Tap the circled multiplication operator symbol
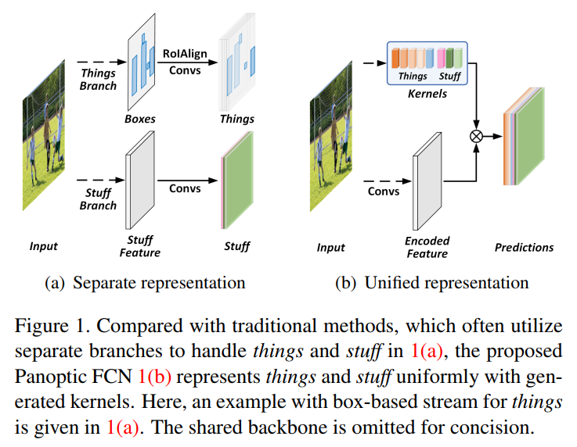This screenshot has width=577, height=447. (x=475, y=137)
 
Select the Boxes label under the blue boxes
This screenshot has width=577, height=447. (x=139, y=120)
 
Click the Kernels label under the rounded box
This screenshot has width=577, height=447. (x=427, y=93)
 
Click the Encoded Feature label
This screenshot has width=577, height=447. (x=427, y=247)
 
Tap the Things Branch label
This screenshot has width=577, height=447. (x=98, y=79)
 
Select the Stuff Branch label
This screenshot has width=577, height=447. (x=98, y=199)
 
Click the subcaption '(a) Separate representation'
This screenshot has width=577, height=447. (x=146, y=282)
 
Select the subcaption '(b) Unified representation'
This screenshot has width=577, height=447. (x=431, y=282)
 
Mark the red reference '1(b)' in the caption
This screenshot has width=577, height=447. (x=153, y=377)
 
